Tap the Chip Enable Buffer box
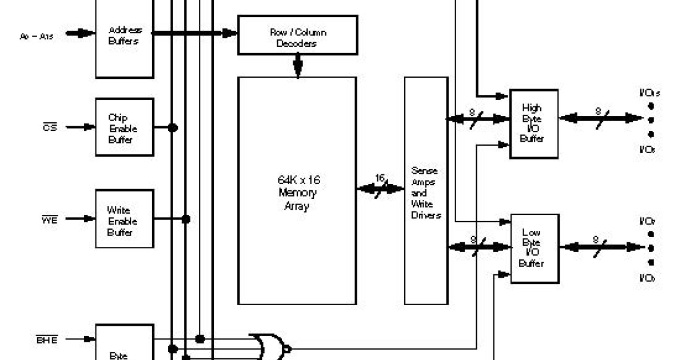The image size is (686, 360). [x=124, y=127]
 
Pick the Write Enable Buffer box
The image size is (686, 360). [x=124, y=219]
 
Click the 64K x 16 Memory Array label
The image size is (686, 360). [x=296, y=193]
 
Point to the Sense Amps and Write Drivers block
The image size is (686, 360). [x=426, y=192]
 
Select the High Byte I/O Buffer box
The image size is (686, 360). [x=533, y=123]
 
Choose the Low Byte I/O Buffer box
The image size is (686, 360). [x=533, y=247]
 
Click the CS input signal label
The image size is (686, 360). [x=50, y=127]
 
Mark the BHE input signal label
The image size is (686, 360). [x=47, y=339]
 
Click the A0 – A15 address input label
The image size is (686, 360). [x=37, y=35]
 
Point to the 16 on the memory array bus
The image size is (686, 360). [x=380, y=178]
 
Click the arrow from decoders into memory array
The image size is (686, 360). [x=297, y=65]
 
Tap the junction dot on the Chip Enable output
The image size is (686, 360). [x=172, y=127]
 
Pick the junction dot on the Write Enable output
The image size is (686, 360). [x=186, y=219]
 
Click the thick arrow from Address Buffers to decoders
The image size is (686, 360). [x=194, y=34]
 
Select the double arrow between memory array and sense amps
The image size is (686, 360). [x=380, y=189]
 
